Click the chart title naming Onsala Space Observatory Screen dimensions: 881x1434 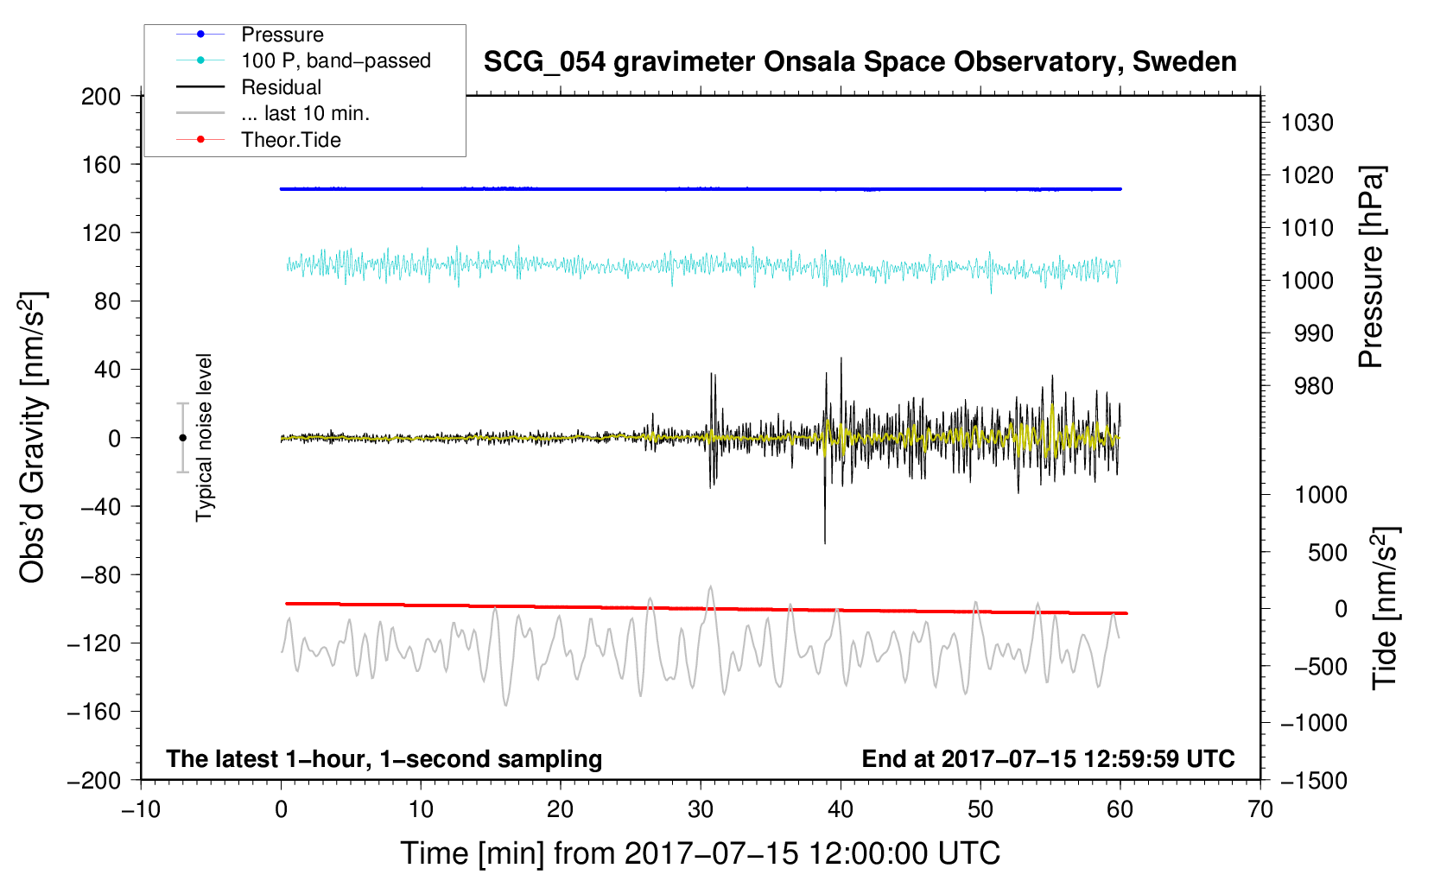(x=860, y=62)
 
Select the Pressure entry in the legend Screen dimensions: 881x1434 (x=282, y=35)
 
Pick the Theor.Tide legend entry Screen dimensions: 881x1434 (x=290, y=140)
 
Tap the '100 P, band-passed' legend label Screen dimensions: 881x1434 (x=335, y=61)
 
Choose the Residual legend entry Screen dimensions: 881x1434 (x=281, y=87)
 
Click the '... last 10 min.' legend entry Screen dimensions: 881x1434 (x=305, y=113)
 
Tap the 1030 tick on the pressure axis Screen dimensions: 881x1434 (x=1307, y=123)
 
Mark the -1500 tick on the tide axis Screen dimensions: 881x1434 (x=1314, y=780)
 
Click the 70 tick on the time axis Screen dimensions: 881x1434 (x=1260, y=809)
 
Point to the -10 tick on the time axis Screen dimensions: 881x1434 (x=141, y=809)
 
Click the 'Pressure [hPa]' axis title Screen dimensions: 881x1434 (x=1372, y=268)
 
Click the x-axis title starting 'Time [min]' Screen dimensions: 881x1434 (x=700, y=853)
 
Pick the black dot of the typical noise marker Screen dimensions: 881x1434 (x=182, y=438)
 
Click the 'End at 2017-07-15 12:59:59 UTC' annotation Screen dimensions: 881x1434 (x=1048, y=758)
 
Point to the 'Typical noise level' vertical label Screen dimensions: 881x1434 (x=204, y=437)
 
